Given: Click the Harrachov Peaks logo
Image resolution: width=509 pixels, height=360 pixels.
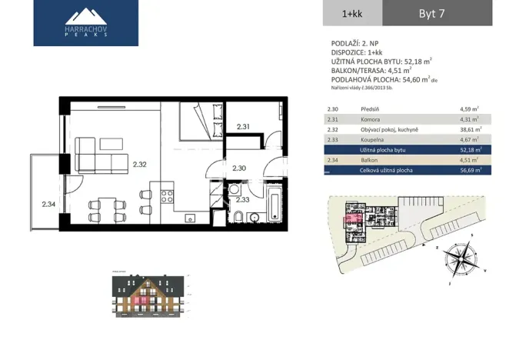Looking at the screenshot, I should (x=86, y=23).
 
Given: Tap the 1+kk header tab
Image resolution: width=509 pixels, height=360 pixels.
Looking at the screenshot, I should (x=353, y=13).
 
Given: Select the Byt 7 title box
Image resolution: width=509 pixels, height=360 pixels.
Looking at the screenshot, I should (x=436, y=13).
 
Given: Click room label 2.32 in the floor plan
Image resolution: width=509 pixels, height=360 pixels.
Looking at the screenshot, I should (x=139, y=164).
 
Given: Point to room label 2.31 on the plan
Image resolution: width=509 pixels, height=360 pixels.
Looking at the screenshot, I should (x=243, y=126).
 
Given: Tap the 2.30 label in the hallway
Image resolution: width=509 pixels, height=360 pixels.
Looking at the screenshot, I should (x=238, y=168).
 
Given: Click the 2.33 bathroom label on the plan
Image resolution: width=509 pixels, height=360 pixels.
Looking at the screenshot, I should (x=242, y=200).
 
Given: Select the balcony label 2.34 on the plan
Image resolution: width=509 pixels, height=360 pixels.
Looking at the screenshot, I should (x=48, y=204).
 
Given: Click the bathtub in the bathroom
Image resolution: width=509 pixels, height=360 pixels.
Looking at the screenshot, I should (x=274, y=205).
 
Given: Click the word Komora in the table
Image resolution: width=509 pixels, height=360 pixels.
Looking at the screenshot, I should (x=371, y=120).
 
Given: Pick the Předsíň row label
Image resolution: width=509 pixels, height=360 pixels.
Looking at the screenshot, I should (x=371, y=110).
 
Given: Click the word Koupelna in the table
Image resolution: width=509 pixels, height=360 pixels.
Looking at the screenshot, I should (x=372, y=140).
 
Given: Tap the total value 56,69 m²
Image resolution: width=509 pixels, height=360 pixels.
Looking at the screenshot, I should (x=470, y=170).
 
